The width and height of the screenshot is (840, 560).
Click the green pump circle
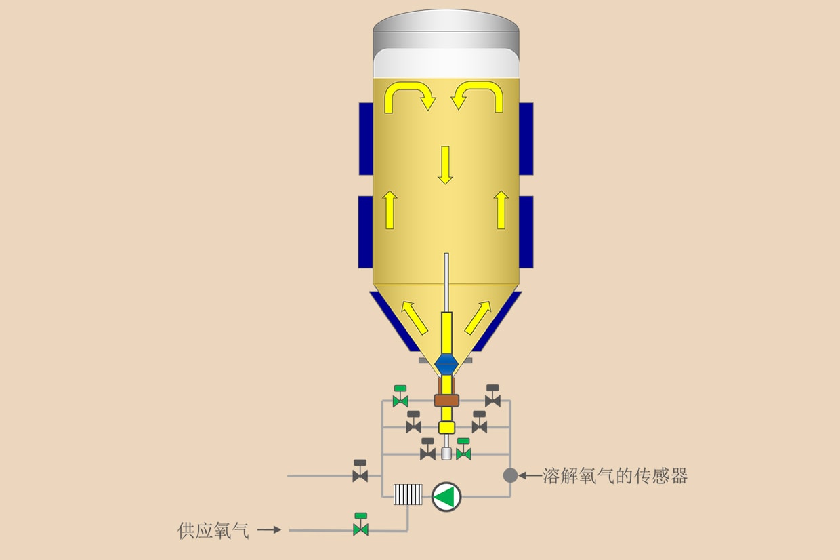[x=446, y=496]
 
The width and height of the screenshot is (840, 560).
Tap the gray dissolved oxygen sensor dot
[x=510, y=475]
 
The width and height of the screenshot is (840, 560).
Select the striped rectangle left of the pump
[x=408, y=494]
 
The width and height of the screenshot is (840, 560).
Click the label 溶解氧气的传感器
[x=615, y=476]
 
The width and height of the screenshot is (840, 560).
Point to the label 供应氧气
[x=213, y=530]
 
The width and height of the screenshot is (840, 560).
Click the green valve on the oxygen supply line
[x=361, y=524]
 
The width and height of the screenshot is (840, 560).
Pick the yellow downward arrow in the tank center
[x=445, y=165]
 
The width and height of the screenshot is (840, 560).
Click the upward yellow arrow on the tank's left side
[x=390, y=209]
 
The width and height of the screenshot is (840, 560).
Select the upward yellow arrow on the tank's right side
[x=501, y=209]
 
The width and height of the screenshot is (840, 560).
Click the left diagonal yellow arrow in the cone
[x=415, y=317]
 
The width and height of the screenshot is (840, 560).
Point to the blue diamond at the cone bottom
[x=446, y=363]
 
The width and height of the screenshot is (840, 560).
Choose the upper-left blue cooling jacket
[x=366, y=139]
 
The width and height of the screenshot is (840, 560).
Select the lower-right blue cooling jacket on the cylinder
[x=526, y=232]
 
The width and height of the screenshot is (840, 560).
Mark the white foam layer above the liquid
[x=446, y=63]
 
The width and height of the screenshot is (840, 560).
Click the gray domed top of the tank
[x=446, y=29]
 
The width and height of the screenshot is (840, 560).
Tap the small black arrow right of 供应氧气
[x=269, y=529]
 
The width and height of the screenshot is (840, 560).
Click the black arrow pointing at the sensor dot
[x=530, y=475]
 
